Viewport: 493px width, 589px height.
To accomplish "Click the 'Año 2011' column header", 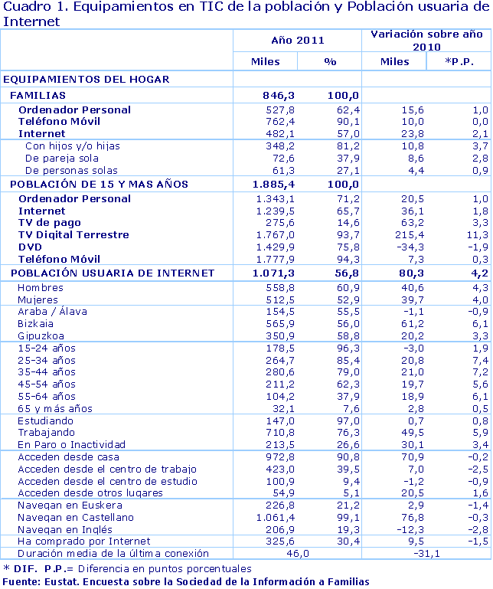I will coord(297,41).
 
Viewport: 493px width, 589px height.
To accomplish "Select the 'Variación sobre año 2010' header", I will coord(426,40).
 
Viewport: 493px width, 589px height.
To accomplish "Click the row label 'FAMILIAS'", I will coord(37,96).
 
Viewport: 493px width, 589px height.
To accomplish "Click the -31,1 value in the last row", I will coord(426,553).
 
